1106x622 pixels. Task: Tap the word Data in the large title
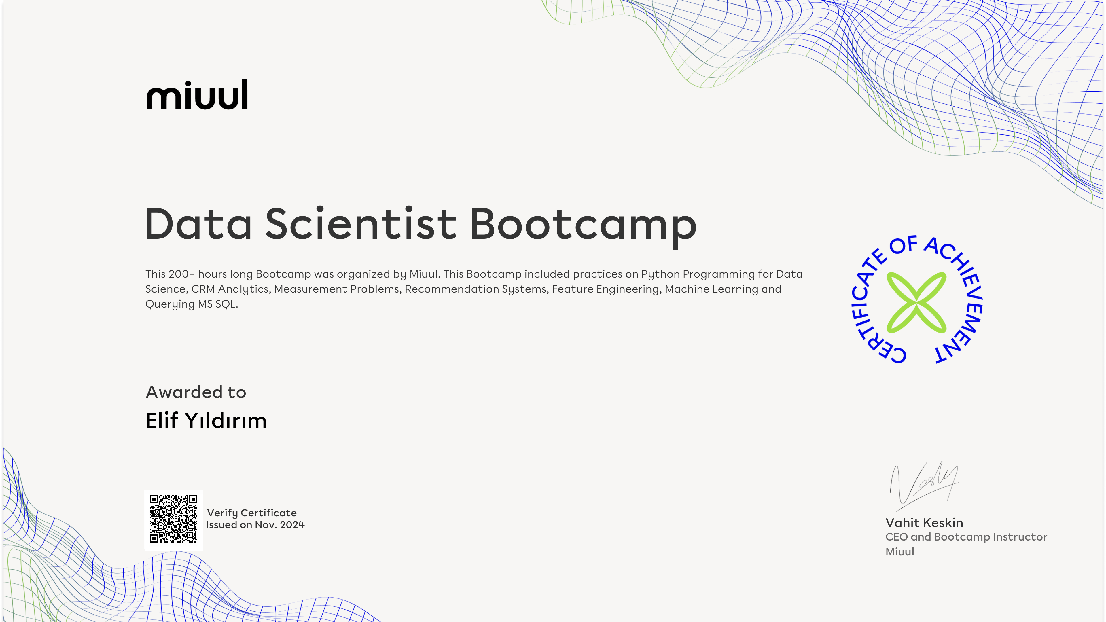click(x=198, y=224)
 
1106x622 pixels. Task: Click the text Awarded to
click(x=196, y=392)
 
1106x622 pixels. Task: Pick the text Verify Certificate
click(x=252, y=513)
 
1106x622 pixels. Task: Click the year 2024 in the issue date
click(x=292, y=525)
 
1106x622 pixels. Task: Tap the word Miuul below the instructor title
click(x=900, y=552)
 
